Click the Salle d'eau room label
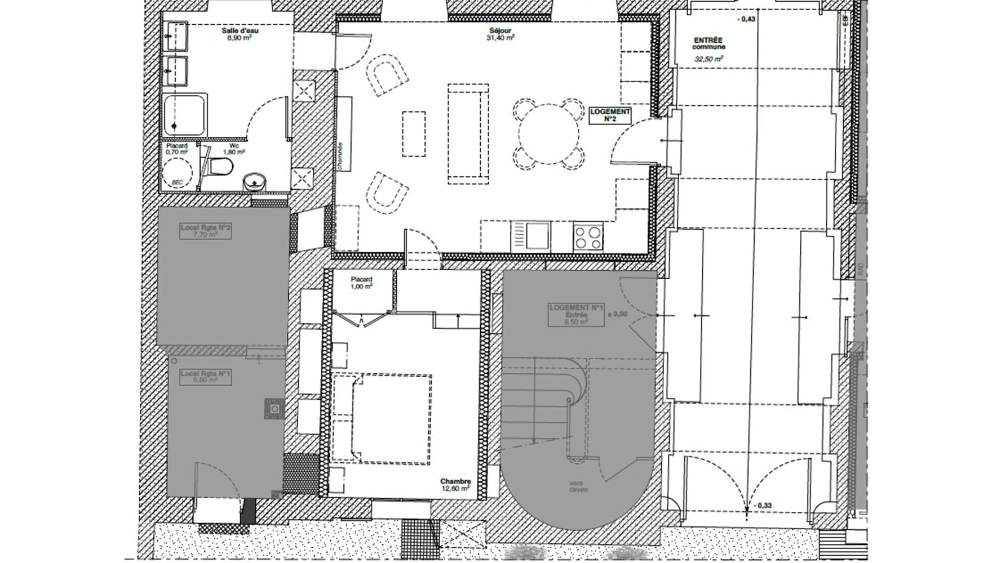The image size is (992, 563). pos(240,34)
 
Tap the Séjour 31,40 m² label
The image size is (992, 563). pos(501,34)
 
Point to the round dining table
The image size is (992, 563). pos(548,134)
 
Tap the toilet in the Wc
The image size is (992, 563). pos(220,167)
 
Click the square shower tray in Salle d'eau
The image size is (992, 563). pos(184,115)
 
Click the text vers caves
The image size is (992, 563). pos(579,486)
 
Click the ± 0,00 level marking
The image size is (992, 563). pos(617,314)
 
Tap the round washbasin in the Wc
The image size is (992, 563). pos(254,181)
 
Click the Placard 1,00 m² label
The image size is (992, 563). pos(361,283)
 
